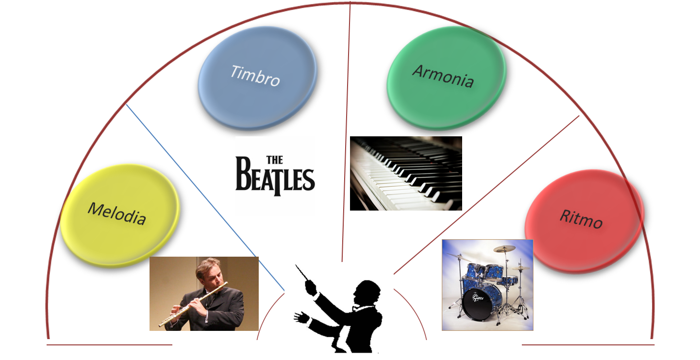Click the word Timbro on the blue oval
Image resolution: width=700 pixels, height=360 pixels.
[255, 76]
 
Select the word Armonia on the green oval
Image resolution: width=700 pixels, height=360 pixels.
[443, 76]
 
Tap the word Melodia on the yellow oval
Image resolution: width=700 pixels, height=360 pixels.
[117, 213]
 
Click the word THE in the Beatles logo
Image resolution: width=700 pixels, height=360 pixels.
[275, 160]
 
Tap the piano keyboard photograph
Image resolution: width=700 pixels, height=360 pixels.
[406, 173]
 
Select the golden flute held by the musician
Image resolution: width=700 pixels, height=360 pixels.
[193, 304]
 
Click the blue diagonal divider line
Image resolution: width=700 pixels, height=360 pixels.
[205, 197]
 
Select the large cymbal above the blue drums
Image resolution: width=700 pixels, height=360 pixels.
[504, 248]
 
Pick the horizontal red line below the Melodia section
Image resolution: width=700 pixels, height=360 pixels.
[109, 344]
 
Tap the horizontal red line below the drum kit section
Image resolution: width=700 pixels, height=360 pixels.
[588, 344]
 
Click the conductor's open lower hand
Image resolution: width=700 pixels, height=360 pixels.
[301, 317]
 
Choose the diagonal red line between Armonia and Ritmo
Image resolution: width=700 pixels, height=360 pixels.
[486, 195]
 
